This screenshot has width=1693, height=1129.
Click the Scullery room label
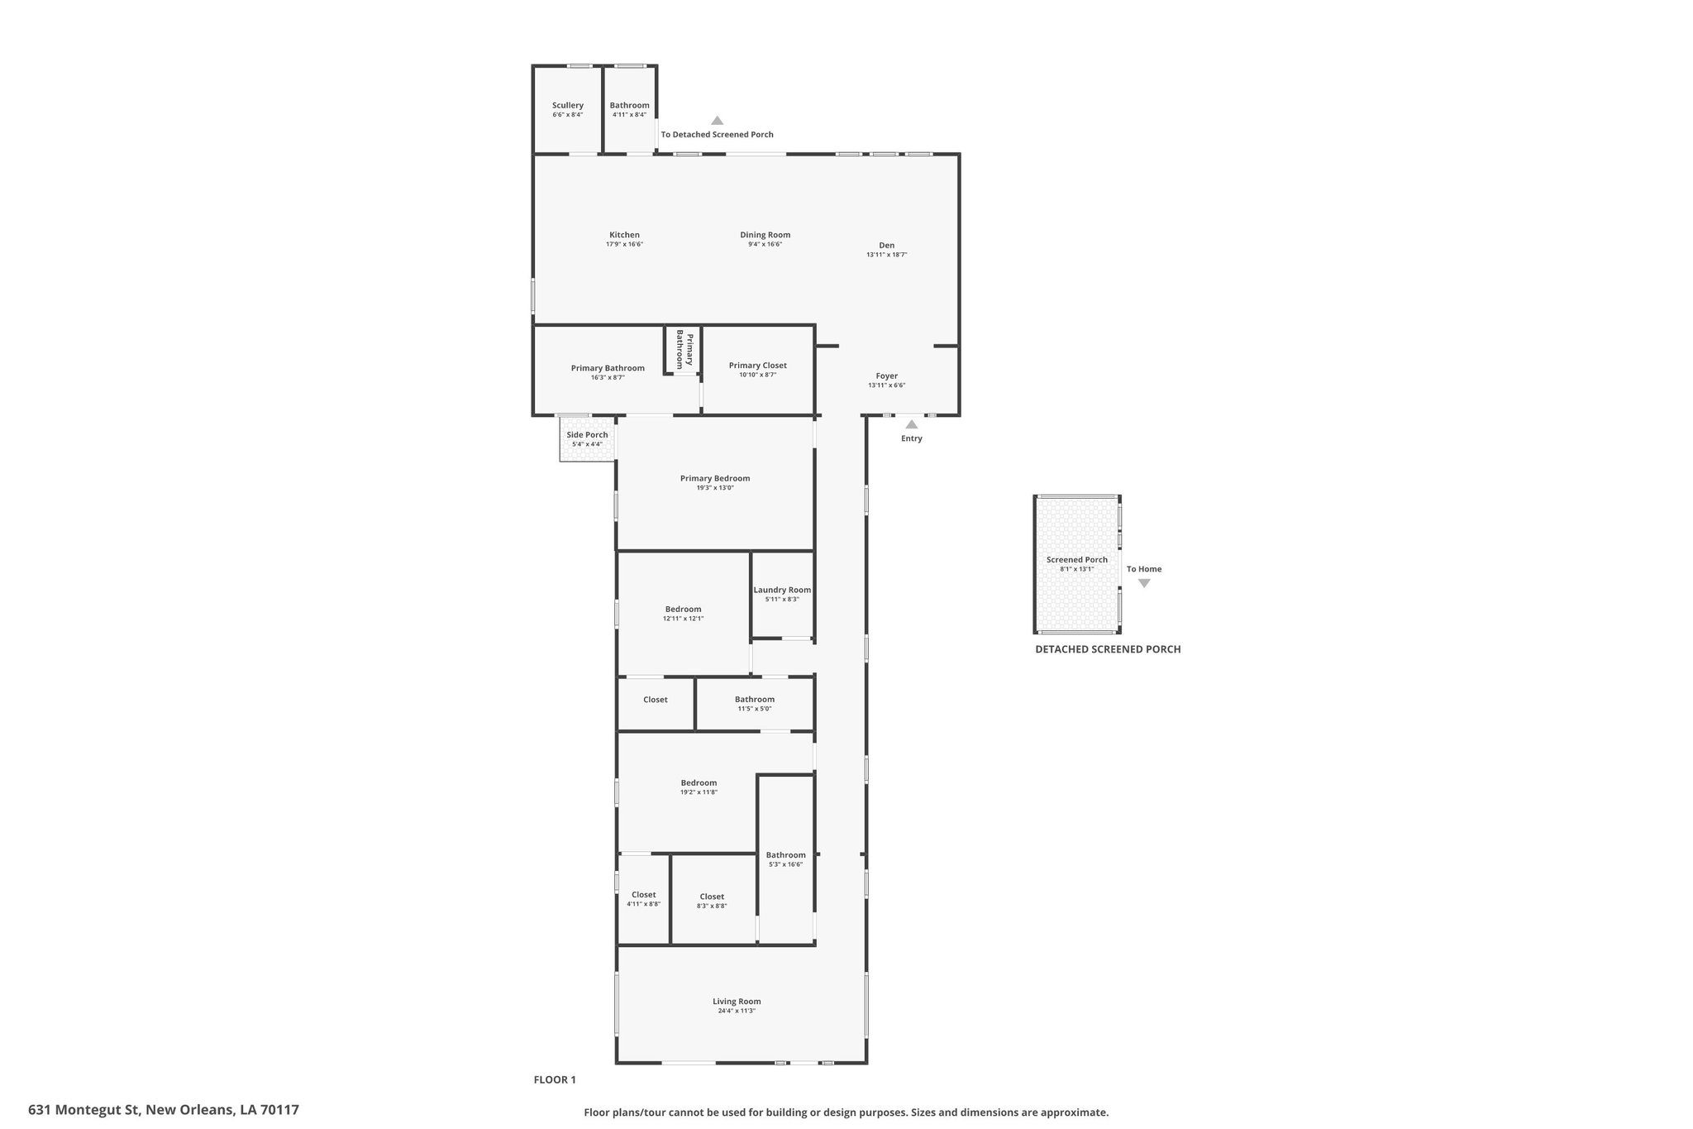[x=567, y=105]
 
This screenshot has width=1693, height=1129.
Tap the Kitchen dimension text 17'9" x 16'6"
[x=624, y=245]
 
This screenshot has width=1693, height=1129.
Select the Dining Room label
[x=765, y=235]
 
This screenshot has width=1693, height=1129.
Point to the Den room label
[x=886, y=245]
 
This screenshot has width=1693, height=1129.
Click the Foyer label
[x=886, y=376]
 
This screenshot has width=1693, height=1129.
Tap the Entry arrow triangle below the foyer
[x=911, y=424]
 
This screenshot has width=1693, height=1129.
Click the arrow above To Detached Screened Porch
[x=717, y=121]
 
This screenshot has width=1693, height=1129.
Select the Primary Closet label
[x=757, y=365]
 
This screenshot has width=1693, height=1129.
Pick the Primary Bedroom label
[x=714, y=478]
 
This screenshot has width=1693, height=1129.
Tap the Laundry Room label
[x=782, y=590]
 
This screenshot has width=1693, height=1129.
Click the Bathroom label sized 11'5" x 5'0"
[x=754, y=700]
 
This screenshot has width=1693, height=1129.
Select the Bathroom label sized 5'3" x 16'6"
[x=785, y=855]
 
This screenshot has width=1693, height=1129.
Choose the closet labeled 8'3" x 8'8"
[x=712, y=897]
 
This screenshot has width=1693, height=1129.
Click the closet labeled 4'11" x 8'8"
[x=643, y=895]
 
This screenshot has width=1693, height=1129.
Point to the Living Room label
[x=737, y=1001]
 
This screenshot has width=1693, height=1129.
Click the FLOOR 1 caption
[x=554, y=1079]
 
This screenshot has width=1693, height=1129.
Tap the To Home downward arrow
[x=1144, y=583]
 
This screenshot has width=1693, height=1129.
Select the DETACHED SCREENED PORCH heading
[x=1108, y=649]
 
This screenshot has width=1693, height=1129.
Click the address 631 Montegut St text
[x=164, y=1110]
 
